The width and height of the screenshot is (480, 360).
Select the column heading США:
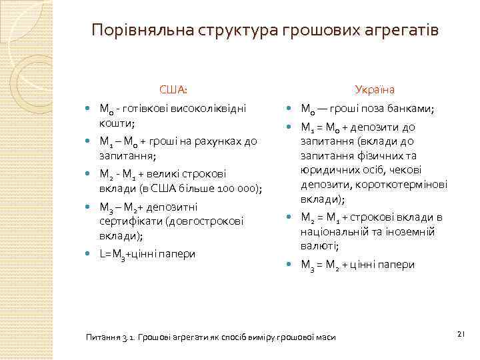[173, 89]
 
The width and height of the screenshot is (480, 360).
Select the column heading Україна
[375, 89]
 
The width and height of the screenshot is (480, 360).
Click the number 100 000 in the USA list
[239, 189]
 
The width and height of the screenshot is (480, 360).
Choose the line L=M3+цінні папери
[147, 254]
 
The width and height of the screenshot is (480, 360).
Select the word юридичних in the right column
[327, 170]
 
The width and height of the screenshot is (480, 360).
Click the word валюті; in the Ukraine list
[320, 247]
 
